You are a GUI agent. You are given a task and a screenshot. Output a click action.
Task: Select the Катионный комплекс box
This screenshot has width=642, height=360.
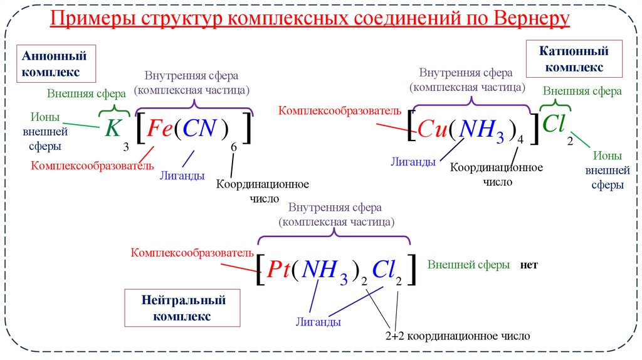pyautogui.click(x=574, y=58)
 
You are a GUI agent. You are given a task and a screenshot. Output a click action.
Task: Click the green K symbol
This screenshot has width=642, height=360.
pyautogui.click(x=112, y=129)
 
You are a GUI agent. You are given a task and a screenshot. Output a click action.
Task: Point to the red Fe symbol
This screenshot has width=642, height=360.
pyautogui.click(x=159, y=129)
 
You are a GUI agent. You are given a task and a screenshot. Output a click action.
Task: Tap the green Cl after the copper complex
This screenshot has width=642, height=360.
pyautogui.click(x=554, y=124)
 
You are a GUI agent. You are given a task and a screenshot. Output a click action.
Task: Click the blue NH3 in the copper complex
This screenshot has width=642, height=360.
pyautogui.click(x=480, y=130)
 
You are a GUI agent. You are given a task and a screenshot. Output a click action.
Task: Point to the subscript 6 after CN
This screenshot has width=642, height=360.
pyautogui.click(x=233, y=147)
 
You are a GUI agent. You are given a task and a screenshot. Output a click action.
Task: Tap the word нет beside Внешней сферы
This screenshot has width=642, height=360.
pyautogui.click(x=529, y=265)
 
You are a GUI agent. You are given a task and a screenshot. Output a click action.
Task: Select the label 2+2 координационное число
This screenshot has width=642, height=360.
pyautogui.click(x=458, y=336)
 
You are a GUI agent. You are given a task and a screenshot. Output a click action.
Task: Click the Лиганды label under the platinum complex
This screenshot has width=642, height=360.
pyautogui.click(x=318, y=322)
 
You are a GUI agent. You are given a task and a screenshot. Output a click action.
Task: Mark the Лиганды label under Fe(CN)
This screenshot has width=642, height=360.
pyautogui.click(x=182, y=176)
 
